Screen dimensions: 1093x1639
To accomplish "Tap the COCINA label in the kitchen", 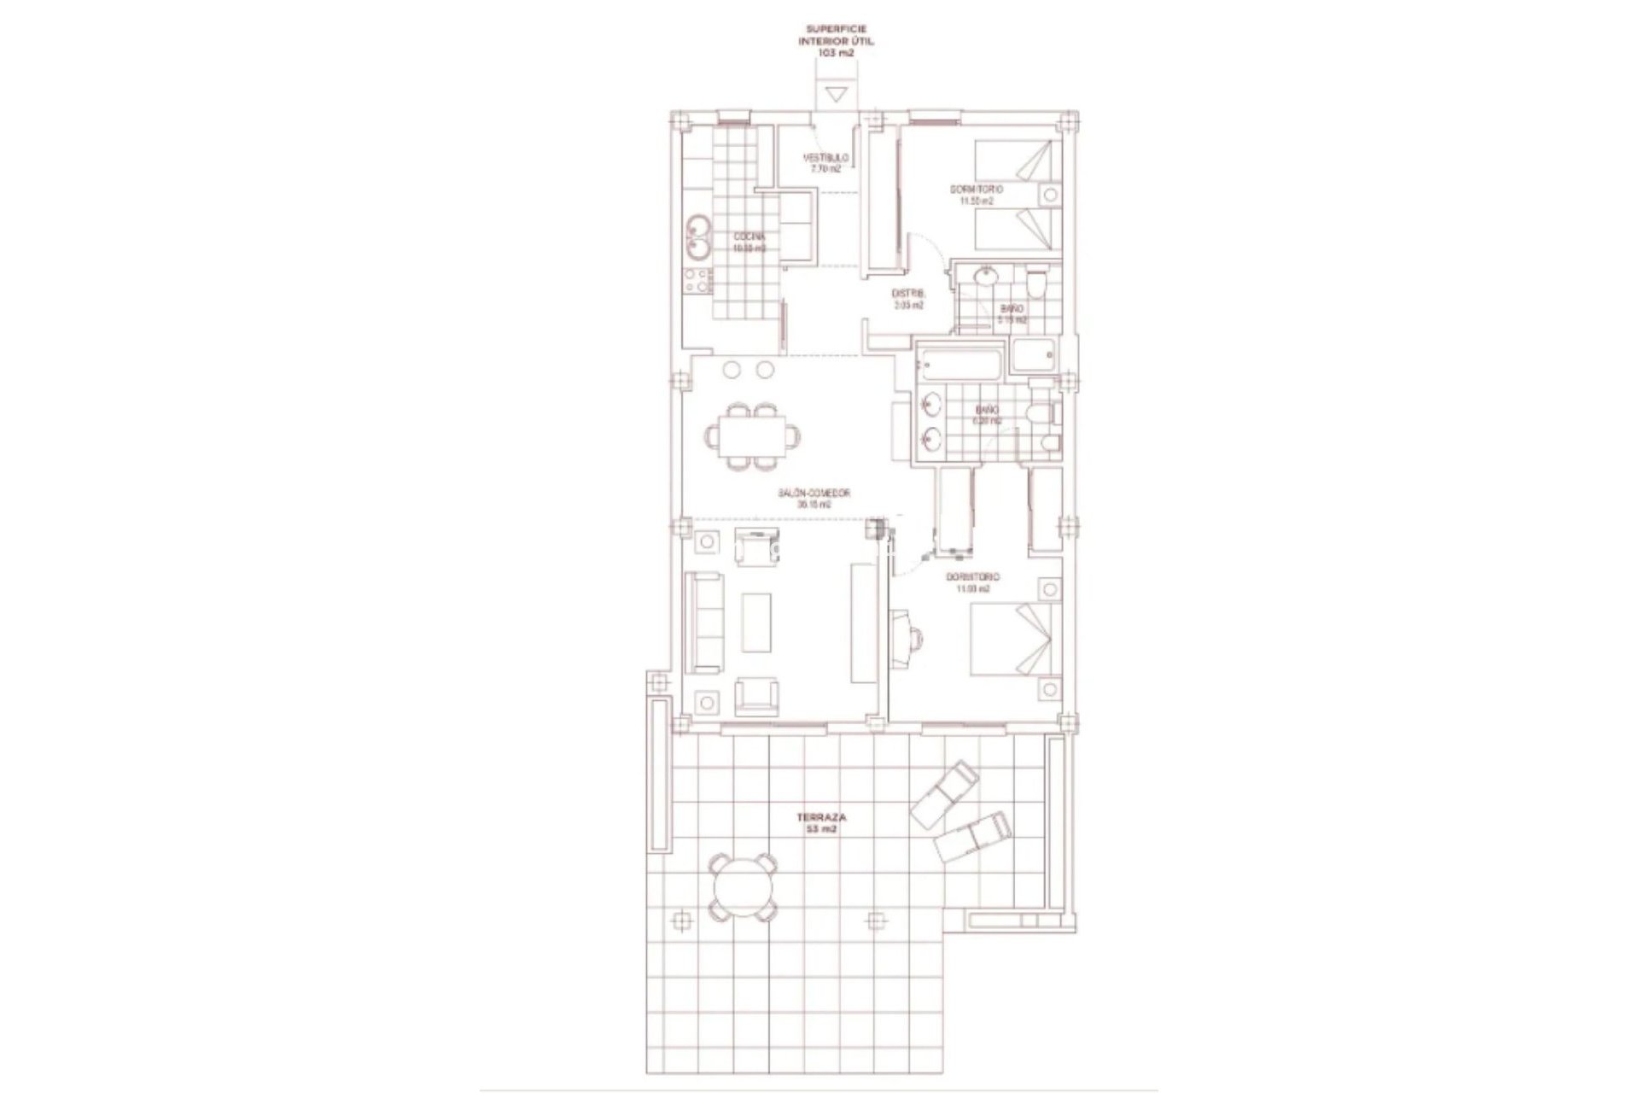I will pos(151,237).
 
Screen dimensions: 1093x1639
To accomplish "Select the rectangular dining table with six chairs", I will pos(155,435).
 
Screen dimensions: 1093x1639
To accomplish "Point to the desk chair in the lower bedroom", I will pos(912,636).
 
